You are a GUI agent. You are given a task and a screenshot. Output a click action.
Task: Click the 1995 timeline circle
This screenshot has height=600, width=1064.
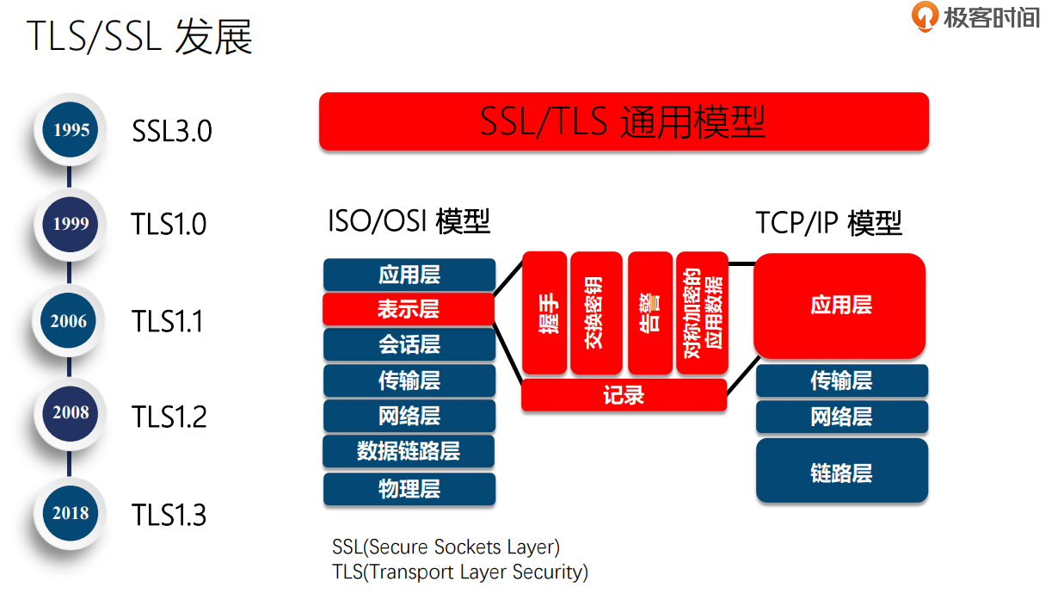71,130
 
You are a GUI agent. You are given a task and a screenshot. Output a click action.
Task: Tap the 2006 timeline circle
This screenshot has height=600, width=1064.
69,321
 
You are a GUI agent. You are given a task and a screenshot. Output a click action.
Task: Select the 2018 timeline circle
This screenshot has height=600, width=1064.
71,513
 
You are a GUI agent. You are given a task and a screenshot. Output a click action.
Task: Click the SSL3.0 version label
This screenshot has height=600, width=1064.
172,131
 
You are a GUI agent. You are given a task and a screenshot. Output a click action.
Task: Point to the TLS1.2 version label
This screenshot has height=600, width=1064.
169,417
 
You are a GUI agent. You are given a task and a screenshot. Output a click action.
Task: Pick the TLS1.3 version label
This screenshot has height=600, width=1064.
169,515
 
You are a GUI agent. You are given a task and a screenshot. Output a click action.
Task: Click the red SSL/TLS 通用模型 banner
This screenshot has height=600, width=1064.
624,121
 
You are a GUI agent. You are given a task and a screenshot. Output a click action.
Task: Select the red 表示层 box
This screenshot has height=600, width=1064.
409,309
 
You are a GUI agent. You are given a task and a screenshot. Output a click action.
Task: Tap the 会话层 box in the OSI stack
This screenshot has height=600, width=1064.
409,344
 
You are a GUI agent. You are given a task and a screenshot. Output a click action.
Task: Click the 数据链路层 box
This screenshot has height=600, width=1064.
409,451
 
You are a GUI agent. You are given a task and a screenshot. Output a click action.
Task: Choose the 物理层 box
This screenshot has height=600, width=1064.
409,489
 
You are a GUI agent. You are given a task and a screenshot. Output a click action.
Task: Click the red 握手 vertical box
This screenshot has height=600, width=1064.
544,312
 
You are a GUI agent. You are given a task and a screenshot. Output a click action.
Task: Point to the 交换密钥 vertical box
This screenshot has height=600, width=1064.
595,312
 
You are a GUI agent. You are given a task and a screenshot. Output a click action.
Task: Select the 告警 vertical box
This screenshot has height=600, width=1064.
650,312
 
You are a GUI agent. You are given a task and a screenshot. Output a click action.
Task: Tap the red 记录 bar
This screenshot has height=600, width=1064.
624,395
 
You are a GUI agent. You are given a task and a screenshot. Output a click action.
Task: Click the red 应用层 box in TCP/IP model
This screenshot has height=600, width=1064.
840,305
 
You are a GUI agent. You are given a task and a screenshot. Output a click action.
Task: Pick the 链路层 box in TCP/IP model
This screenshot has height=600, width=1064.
841,472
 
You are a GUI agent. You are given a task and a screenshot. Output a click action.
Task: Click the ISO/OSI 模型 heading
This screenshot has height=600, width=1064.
409,221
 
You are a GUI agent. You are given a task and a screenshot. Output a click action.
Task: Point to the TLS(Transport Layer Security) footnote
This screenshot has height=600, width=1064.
460,572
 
